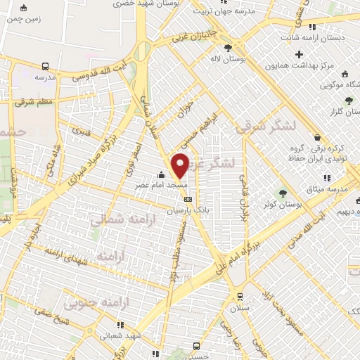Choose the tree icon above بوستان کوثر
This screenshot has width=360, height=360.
click(284, 191)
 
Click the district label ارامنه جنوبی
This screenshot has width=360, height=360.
click(94, 304)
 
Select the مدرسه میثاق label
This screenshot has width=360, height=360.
click(335, 190)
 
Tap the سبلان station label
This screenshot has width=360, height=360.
click(240, 307)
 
